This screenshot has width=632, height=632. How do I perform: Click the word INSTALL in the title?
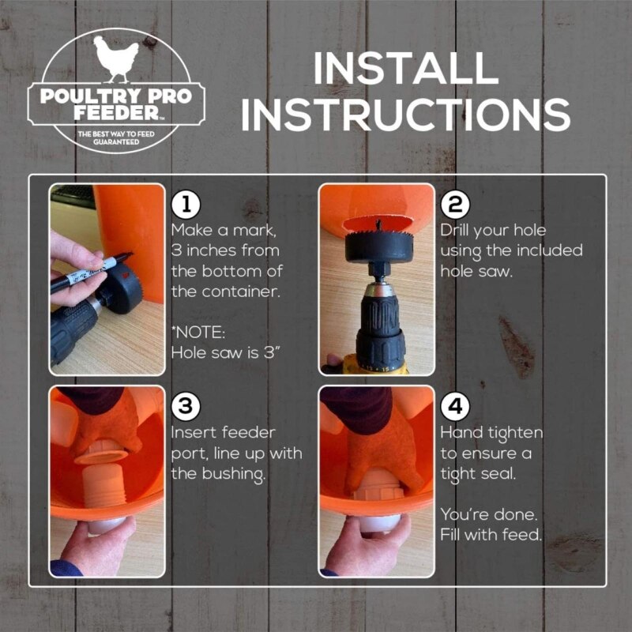(406, 69)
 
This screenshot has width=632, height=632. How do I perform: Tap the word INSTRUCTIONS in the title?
(405, 114)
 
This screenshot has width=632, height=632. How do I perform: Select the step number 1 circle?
(186, 205)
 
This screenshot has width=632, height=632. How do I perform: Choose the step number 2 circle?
(455, 205)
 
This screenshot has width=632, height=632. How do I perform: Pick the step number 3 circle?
(186, 407)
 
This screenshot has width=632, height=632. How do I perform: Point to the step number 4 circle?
(455, 407)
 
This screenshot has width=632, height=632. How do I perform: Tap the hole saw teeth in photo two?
(378, 234)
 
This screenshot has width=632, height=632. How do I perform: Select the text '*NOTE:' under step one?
(198, 333)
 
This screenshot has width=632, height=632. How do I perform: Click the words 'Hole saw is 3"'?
(226, 353)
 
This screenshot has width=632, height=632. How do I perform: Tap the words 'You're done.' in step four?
(489, 515)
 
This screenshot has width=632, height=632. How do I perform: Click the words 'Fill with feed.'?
(491, 536)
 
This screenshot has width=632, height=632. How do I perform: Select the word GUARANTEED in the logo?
(116, 142)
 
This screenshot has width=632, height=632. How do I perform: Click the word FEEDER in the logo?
(116, 113)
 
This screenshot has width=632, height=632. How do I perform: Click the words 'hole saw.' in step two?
(476, 272)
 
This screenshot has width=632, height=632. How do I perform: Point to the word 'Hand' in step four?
(461, 433)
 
